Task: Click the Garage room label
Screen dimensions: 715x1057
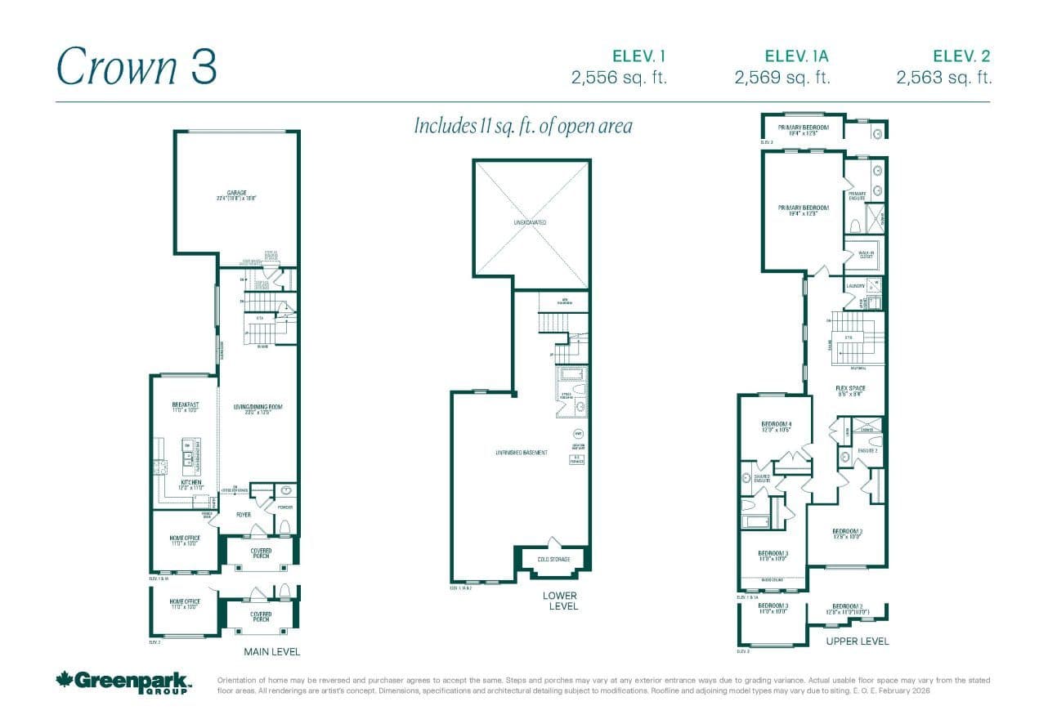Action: coord(237,194)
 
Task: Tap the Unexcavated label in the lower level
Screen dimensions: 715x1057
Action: coord(531,222)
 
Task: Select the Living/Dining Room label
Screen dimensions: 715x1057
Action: coord(257,408)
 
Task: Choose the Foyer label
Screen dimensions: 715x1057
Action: coord(244,515)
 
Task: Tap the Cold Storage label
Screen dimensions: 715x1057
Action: coord(554,559)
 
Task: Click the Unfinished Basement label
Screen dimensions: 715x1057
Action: coord(521,453)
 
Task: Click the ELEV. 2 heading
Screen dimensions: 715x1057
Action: coord(961,56)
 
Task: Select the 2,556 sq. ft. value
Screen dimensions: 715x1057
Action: coord(619,78)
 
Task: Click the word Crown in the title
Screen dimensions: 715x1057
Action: coord(117,67)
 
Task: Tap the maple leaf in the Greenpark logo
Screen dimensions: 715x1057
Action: coord(65,680)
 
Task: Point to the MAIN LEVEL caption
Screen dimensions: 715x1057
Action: coord(272,651)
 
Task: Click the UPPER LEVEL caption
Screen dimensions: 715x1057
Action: coord(857,641)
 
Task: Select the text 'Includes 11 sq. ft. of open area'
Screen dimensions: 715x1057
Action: coord(523,127)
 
